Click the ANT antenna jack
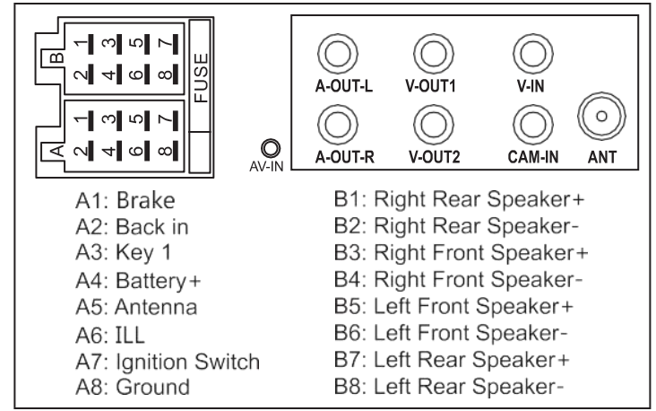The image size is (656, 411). (x=601, y=116)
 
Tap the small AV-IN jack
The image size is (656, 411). (x=271, y=148)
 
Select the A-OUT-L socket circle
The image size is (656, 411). (x=338, y=54)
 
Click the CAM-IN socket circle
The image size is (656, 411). (x=533, y=125)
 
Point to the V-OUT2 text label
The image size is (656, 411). (x=434, y=157)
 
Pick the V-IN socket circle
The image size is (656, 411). (x=533, y=54)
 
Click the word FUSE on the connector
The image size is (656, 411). (x=202, y=77)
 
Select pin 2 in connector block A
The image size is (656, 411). (x=84, y=151)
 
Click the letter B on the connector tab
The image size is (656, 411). (x=56, y=57)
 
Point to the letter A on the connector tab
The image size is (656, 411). (x=56, y=151)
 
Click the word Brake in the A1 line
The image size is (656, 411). (x=145, y=200)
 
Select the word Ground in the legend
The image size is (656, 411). (x=152, y=387)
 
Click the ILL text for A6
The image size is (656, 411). (x=130, y=335)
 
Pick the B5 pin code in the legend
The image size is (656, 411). (x=347, y=306)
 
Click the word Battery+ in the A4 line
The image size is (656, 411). (x=158, y=281)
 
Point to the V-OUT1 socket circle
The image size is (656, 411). (x=434, y=54)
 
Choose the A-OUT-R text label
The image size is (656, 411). (x=345, y=157)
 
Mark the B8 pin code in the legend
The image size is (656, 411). (x=347, y=386)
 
